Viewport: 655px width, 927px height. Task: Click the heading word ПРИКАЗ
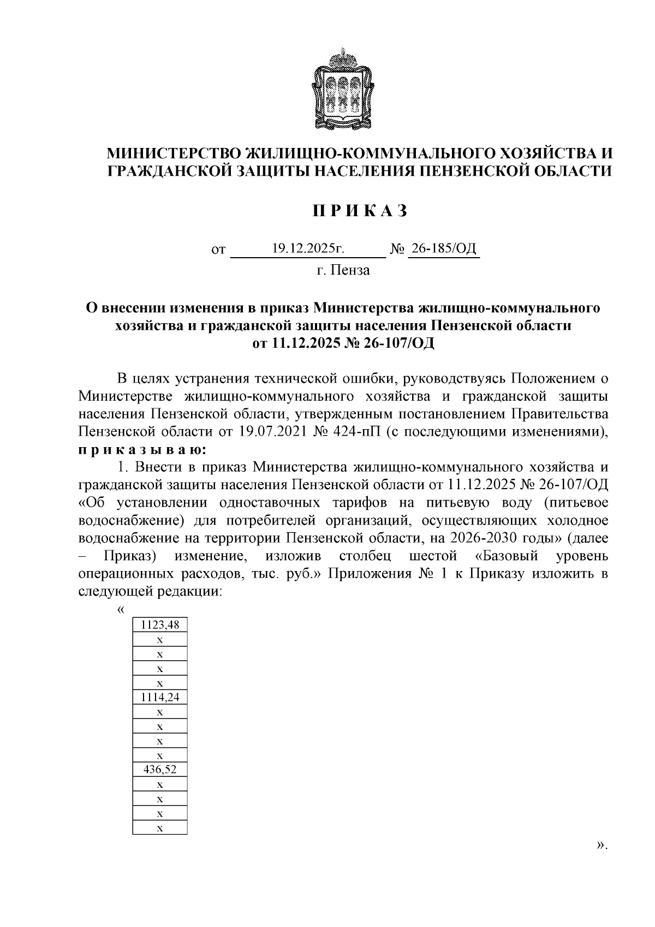[360, 211]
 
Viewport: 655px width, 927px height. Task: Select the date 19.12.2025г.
[308, 249]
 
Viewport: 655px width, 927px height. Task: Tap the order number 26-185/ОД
[444, 249]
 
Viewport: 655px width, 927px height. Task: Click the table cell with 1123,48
[160, 625]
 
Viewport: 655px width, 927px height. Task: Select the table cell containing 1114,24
[160, 697]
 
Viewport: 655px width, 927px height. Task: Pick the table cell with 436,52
[160, 770]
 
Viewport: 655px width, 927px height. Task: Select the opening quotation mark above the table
[121, 610]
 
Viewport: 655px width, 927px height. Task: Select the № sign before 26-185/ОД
[397, 249]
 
